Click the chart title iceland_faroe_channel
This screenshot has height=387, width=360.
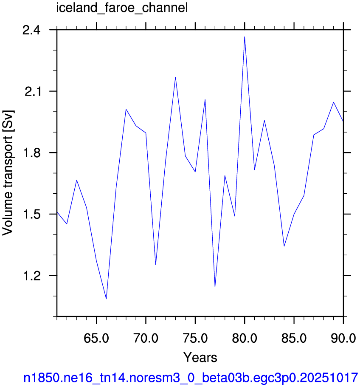122,8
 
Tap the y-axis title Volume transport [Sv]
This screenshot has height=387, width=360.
8,173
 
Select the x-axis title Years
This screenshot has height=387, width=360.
200,357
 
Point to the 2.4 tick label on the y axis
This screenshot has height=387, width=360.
31,30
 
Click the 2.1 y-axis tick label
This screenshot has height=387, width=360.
32,92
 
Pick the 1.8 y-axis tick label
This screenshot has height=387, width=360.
31,153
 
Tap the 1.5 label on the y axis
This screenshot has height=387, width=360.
31,215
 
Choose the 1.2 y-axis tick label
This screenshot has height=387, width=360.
31,276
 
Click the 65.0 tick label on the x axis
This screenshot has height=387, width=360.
96,338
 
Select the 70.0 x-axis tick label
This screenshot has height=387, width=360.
146,338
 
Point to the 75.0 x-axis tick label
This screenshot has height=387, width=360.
195,338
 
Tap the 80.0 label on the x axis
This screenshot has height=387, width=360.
245,338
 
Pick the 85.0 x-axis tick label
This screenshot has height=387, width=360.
294,338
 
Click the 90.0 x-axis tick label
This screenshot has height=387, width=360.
343,338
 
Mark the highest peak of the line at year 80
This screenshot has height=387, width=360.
245,37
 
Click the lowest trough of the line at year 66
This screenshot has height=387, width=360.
106,299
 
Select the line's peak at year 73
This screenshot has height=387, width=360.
175,77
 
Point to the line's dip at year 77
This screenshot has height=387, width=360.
215,287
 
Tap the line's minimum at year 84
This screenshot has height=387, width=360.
284,246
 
